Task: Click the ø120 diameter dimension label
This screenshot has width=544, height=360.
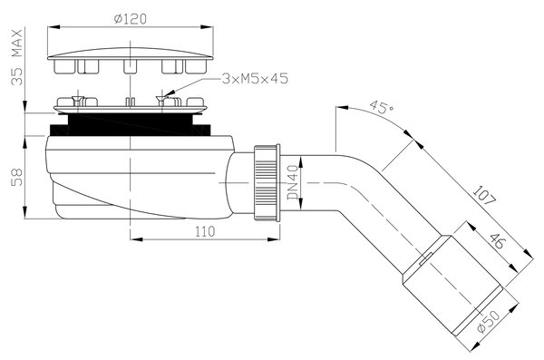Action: coord(130,19)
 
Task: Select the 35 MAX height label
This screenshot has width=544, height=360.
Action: coord(16,57)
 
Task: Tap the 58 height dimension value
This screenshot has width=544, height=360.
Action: coord(16,177)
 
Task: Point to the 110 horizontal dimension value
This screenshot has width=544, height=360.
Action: coord(205,231)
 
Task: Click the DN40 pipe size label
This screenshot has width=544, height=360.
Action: coord(293,182)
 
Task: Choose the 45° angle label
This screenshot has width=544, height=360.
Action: coord(382,107)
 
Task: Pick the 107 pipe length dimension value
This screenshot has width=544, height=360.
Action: coord(485,195)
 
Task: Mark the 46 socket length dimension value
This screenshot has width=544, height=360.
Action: coord(497,241)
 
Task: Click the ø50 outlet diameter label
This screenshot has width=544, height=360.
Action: coord(489,322)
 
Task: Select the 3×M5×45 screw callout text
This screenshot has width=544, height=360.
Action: coord(255,79)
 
